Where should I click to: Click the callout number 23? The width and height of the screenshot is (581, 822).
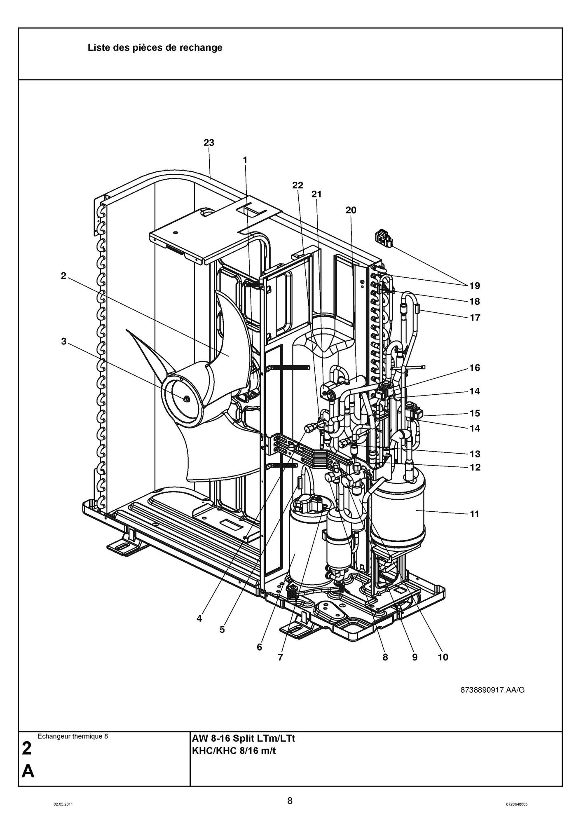pos(209,143)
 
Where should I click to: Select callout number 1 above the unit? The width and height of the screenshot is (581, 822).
pos(245,160)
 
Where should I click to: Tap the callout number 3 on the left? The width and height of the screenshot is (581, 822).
pos(63,341)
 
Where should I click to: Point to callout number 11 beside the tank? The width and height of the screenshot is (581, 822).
pos(474,514)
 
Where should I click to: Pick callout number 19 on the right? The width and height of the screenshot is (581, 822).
pos(474,286)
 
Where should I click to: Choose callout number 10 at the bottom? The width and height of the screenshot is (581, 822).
pos(443,657)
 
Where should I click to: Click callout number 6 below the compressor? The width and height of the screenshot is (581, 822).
pos(259,647)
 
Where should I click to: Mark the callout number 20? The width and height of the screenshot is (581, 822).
pos(351,210)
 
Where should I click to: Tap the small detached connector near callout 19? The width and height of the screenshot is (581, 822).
pos(383,240)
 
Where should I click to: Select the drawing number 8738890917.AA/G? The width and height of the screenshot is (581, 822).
pos(492,690)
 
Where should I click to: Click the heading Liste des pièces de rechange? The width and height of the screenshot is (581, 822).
pos(155,48)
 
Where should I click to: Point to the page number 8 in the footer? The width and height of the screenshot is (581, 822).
pos(290,801)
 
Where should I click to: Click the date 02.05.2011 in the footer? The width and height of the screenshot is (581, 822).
pos(63,804)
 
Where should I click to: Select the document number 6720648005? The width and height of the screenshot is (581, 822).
pos(516,804)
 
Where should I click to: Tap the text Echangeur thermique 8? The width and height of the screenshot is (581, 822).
pos(73,736)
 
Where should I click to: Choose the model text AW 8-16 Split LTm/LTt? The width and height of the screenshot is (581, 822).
pos(244,738)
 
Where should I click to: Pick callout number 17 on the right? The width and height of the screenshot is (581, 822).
pos(475,318)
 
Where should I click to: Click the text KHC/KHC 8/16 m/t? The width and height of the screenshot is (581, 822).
pos(234,750)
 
